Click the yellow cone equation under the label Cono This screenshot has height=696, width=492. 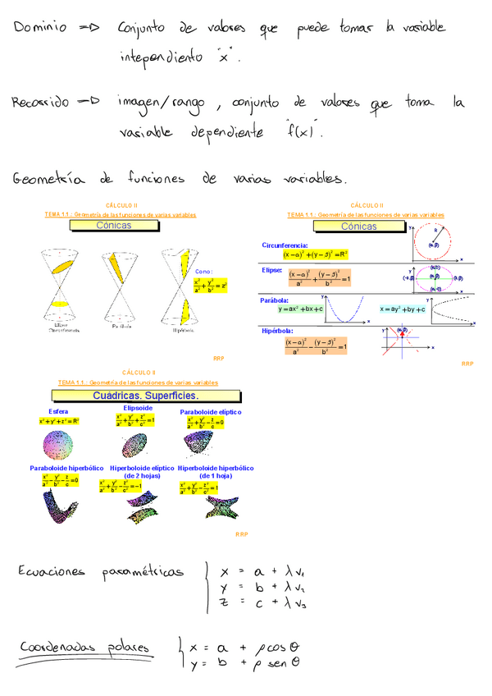[x=210, y=286]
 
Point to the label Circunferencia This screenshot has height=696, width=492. [x=285, y=245]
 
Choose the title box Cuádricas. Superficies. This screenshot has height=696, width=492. [x=137, y=396]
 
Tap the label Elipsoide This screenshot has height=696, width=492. [x=137, y=408]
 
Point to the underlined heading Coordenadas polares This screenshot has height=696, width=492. [x=84, y=649]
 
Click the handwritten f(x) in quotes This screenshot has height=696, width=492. [x=300, y=131]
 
